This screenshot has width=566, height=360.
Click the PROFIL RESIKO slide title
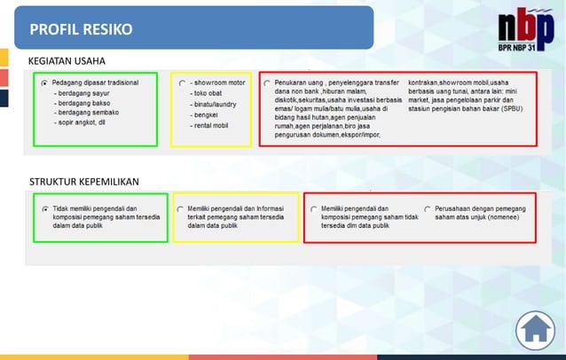click(81, 29)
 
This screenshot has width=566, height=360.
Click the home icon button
click(535, 330)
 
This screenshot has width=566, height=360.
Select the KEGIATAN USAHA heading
click(67, 61)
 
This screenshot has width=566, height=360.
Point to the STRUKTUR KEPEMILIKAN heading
click(84, 182)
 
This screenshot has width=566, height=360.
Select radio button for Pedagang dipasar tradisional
click(43, 82)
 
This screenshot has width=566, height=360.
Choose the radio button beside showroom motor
click(182, 82)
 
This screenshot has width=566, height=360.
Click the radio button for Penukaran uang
click(267, 82)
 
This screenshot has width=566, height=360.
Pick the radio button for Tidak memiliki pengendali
click(43, 208)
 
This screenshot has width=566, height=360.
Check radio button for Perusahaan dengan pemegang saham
click(428, 209)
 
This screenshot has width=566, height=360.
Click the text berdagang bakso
click(86, 102)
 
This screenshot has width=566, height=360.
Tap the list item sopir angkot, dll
click(82, 122)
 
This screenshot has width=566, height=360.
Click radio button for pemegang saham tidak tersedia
click(313, 209)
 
